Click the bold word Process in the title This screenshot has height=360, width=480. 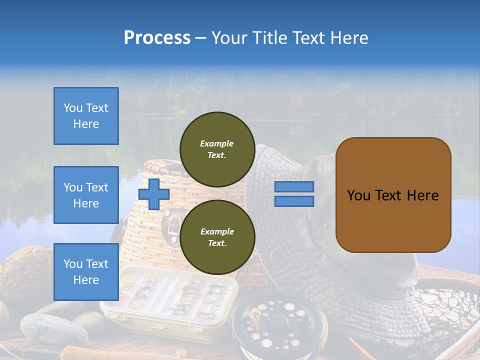[157, 37]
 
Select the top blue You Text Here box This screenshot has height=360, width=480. [86, 116]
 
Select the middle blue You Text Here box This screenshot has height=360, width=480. [86, 195]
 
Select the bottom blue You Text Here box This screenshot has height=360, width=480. [86, 271]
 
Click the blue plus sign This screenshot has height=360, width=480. [154, 194]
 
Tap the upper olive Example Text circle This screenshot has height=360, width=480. [217, 149]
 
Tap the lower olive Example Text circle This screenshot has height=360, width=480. [217, 237]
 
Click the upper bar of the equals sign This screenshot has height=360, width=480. [294, 186]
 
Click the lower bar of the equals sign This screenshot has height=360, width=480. [294, 201]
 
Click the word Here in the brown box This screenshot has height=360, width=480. [422, 195]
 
